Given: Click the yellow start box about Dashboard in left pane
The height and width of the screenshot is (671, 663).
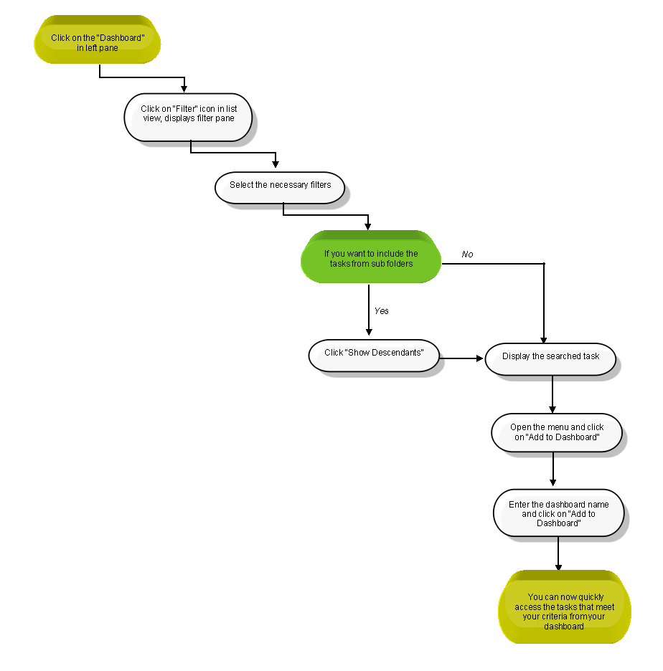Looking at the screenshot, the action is [x=97, y=40].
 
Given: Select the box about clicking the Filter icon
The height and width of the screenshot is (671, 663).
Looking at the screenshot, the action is [x=188, y=118].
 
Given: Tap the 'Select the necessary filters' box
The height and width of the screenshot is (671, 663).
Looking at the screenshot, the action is [x=280, y=188].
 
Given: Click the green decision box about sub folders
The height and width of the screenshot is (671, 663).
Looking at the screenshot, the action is [x=371, y=257].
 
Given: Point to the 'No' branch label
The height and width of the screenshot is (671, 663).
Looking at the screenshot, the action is [x=467, y=254].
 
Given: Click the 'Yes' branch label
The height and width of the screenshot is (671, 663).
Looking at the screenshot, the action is [x=381, y=310].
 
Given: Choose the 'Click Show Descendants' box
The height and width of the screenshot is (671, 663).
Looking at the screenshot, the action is [x=374, y=356].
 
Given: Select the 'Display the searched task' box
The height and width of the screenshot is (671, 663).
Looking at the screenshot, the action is [x=550, y=359].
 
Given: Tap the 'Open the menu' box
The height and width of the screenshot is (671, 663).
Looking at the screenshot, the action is [x=557, y=433].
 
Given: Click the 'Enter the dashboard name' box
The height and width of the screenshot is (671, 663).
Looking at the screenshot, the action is [x=558, y=513].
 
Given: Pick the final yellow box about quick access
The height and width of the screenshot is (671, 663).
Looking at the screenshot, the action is [x=565, y=606].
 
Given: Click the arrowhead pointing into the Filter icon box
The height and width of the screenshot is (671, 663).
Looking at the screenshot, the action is [x=184, y=89].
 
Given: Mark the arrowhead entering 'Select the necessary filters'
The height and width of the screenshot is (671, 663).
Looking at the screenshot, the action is [x=276, y=164].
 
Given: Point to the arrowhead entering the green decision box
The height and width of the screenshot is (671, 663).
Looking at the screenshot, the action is [x=368, y=227].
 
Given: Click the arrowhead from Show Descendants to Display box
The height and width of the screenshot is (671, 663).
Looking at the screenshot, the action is [x=480, y=358].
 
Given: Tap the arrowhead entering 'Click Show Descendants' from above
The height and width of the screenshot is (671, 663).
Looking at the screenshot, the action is [x=369, y=332].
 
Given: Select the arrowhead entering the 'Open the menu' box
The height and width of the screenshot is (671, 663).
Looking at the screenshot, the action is [x=552, y=409].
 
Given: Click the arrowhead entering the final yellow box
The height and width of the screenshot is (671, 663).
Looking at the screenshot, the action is [x=558, y=567].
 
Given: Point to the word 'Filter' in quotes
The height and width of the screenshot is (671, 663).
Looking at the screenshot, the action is [x=185, y=109].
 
